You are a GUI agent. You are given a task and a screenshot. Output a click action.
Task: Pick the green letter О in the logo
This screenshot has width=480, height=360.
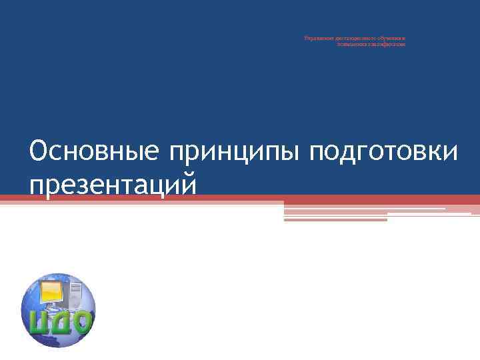(x=81, y=323)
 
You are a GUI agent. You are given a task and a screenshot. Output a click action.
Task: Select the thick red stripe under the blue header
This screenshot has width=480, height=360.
(x=240, y=199)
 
